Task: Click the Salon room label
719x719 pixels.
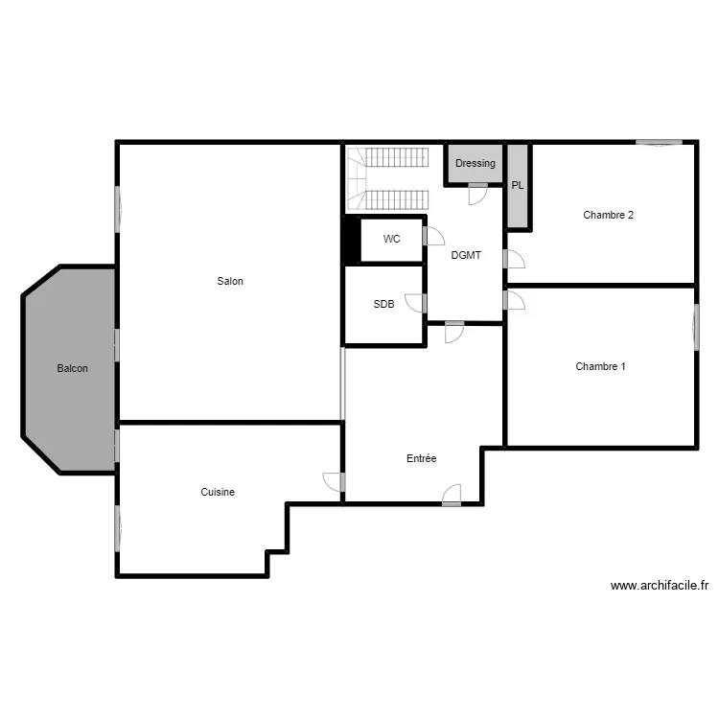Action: pyautogui.click(x=230, y=282)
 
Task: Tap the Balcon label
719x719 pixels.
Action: pyautogui.click(x=73, y=368)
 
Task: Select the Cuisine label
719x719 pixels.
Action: pyautogui.click(x=218, y=492)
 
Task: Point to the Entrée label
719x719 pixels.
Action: pyautogui.click(x=421, y=459)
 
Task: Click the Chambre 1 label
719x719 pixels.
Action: pyautogui.click(x=600, y=366)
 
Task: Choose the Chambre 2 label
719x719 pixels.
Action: pyautogui.click(x=608, y=215)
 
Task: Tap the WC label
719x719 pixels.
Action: pyautogui.click(x=391, y=239)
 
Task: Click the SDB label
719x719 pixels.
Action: pyautogui.click(x=383, y=304)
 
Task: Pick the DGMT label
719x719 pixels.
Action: pyautogui.click(x=466, y=255)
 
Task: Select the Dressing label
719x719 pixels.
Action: pyautogui.click(x=475, y=163)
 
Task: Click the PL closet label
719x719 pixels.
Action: pyautogui.click(x=518, y=185)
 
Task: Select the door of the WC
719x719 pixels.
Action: pyautogui.click(x=434, y=237)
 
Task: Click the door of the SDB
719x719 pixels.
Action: pyautogui.click(x=417, y=303)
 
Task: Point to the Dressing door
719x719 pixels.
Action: pyautogui.click(x=476, y=195)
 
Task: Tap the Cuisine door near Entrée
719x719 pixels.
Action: pyautogui.click(x=334, y=482)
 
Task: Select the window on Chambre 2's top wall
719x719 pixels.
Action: pyautogui.click(x=660, y=143)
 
